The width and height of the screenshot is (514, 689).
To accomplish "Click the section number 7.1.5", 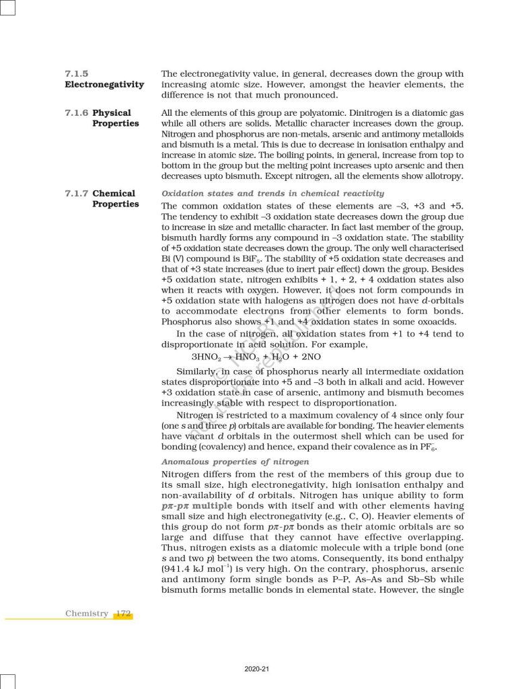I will [77, 73].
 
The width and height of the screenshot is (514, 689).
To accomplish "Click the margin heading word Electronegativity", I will [104, 84].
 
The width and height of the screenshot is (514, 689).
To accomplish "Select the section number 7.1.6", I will [77, 112].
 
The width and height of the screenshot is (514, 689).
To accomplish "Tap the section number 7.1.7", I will [77, 193].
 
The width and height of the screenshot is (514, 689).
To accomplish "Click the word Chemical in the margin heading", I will [114, 193].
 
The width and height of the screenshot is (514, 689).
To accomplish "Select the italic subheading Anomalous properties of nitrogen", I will [235, 462].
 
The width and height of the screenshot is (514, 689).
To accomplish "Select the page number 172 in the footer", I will [122, 613].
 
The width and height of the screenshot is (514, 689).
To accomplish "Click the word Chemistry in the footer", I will [87, 613].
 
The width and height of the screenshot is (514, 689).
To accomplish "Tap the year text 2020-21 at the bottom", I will [257, 669].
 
